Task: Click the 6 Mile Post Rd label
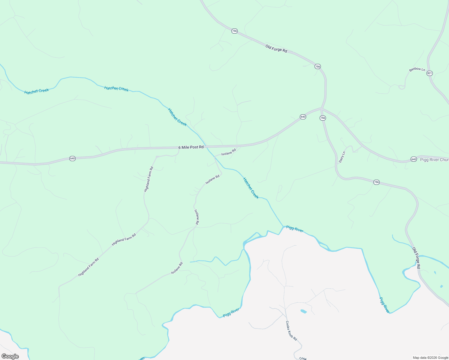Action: pos(191,147)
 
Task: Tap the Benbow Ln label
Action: pos(417,70)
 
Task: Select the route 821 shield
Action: pos(429,73)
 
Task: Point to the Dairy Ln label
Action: pos(342,157)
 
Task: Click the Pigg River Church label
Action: pos(434,160)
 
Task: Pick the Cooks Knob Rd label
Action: pos(291,331)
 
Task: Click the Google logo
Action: pos(10,356)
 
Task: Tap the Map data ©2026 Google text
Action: pos(430,358)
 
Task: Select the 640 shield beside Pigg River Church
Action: pos(414,159)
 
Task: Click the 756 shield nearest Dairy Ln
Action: pos(323,118)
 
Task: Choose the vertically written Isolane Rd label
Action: pos(197,217)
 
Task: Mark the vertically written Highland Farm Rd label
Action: pos(149,179)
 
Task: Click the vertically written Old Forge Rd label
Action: pos(416,258)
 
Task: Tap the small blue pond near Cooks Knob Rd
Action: pos(303,311)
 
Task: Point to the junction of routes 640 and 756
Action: pos(321,108)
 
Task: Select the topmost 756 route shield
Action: pos(234,31)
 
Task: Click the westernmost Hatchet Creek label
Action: pos(37,91)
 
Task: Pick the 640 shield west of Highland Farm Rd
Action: pos(72,158)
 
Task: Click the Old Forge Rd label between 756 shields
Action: pos(276,49)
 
